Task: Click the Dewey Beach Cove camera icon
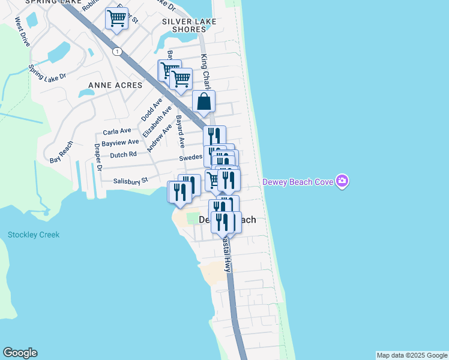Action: click(342, 181)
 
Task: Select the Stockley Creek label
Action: click(34, 235)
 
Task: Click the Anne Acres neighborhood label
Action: click(115, 85)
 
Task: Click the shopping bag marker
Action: click(203, 101)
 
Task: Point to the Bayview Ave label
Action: click(120, 143)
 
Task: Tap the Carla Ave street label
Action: click(117, 131)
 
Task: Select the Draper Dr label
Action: click(98, 159)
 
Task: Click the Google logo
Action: click(20, 353)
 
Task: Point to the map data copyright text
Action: click(412, 355)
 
